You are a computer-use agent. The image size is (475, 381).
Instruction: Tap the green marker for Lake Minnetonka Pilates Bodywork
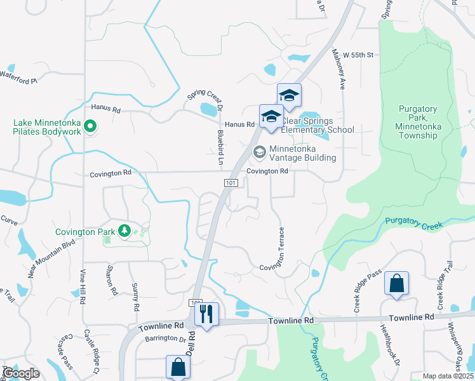(x=90, y=126)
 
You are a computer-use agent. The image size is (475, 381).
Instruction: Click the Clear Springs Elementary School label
(x=318, y=125)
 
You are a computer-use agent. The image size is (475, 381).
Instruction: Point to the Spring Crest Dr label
(x=204, y=98)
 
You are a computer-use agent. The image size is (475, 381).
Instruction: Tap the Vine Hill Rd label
(x=83, y=286)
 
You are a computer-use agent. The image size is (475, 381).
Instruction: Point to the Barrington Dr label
(x=164, y=339)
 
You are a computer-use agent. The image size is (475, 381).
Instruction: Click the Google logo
(x=20, y=373)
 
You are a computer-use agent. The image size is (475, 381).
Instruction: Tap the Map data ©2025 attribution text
(x=448, y=376)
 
